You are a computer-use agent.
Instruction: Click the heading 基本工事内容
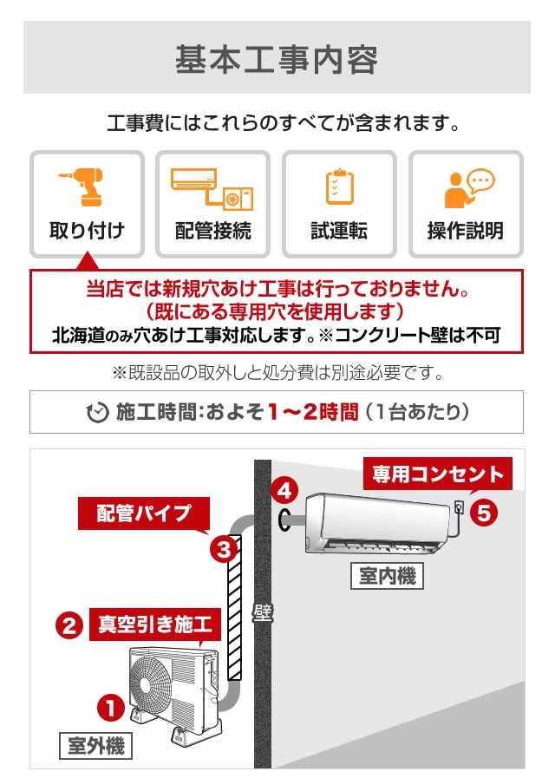pos(277,59)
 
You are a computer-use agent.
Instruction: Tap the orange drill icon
pos(86,186)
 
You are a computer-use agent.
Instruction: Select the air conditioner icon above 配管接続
pos(212,188)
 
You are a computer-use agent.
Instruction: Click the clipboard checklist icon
pos(339,187)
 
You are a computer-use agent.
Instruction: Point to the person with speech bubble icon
pos(467,187)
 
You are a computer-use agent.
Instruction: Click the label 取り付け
pos(87,231)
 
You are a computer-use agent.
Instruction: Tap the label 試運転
pos(339,231)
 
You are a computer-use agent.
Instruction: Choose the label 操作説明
pos(466,231)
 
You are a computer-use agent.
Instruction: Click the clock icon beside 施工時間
pos(98,412)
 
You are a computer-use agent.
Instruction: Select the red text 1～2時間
pos(312,412)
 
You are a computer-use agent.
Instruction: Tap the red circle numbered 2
pos(69,625)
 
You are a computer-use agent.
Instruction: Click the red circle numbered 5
pos(484,513)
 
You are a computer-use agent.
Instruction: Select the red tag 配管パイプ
pos(144,512)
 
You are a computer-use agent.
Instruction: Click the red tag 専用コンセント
pos(437,474)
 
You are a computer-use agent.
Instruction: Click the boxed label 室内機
pos(388,575)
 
